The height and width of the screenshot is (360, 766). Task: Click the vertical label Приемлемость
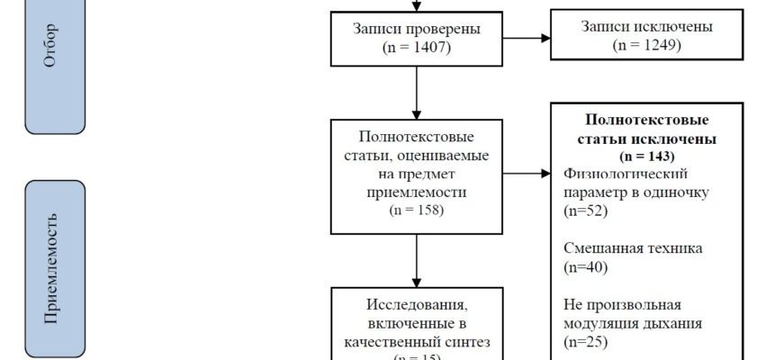point(55,267)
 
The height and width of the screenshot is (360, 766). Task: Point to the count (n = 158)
point(418,211)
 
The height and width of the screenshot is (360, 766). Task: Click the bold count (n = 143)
point(646,157)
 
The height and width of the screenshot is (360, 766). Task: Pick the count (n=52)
point(585,211)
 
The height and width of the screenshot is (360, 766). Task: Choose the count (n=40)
point(585,266)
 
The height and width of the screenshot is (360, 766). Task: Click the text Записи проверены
point(418,29)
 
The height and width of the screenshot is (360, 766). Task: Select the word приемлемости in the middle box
point(418,192)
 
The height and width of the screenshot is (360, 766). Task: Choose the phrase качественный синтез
point(418,342)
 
